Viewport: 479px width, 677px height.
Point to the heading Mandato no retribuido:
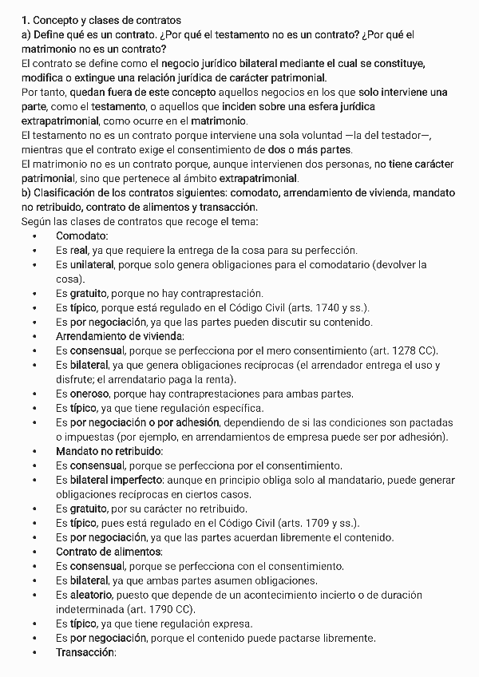click(x=109, y=451)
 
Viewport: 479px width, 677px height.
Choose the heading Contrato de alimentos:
click(x=109, y=552)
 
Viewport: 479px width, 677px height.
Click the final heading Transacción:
click(x=85, y=652)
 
